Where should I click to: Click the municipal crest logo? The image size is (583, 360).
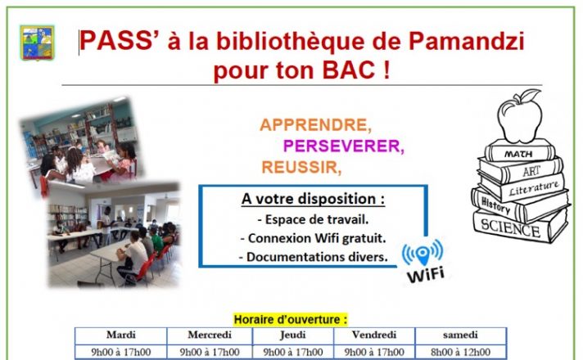(37, 43)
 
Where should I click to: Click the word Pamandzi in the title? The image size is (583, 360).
(466, 41)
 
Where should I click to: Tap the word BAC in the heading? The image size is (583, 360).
(349, 70)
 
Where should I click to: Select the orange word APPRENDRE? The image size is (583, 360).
(316, 125)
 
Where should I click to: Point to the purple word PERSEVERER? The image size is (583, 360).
(344, 146)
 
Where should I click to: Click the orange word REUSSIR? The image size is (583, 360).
(301, 167)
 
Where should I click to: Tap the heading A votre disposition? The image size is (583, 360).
(313, 199)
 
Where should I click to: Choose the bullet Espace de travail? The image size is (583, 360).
(313, 219)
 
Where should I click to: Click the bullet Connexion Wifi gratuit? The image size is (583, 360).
(313, 238)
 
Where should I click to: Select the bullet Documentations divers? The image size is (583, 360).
(314, 257)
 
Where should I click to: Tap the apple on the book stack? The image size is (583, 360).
(520, 116)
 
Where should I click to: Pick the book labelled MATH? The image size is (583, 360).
(520, 151)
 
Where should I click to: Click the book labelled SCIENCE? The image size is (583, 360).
(521, 227)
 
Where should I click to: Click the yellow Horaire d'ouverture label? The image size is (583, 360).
(291, 320)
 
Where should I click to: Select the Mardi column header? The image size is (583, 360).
(121, 335)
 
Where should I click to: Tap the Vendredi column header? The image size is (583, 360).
(374, 335)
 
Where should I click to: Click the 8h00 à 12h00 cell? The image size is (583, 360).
(461, 352)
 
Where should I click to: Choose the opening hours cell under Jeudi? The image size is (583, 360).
(293, 352)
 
